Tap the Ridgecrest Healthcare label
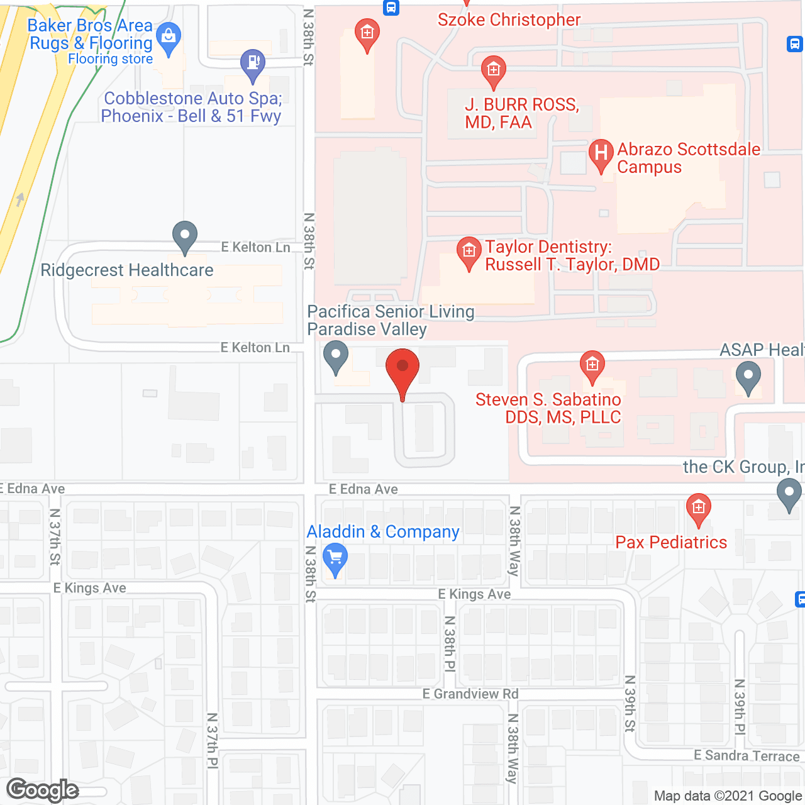[127, 270]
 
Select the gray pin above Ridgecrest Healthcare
[185, 237]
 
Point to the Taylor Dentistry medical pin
[469, 253]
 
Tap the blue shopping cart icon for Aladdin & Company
[335, 559]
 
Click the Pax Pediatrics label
[671, 542]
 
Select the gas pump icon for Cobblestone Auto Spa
[253, 64]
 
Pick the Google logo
[43, 790]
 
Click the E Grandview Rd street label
[470, 694]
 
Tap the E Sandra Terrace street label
[747, 755]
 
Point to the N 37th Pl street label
[213, 740]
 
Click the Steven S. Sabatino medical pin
[592, 366]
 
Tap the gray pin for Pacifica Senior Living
[336, 357]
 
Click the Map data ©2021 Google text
[728, 796]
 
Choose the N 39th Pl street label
[740, 707]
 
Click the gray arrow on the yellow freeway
[20, 199]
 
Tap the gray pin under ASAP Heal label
[748, 379]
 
